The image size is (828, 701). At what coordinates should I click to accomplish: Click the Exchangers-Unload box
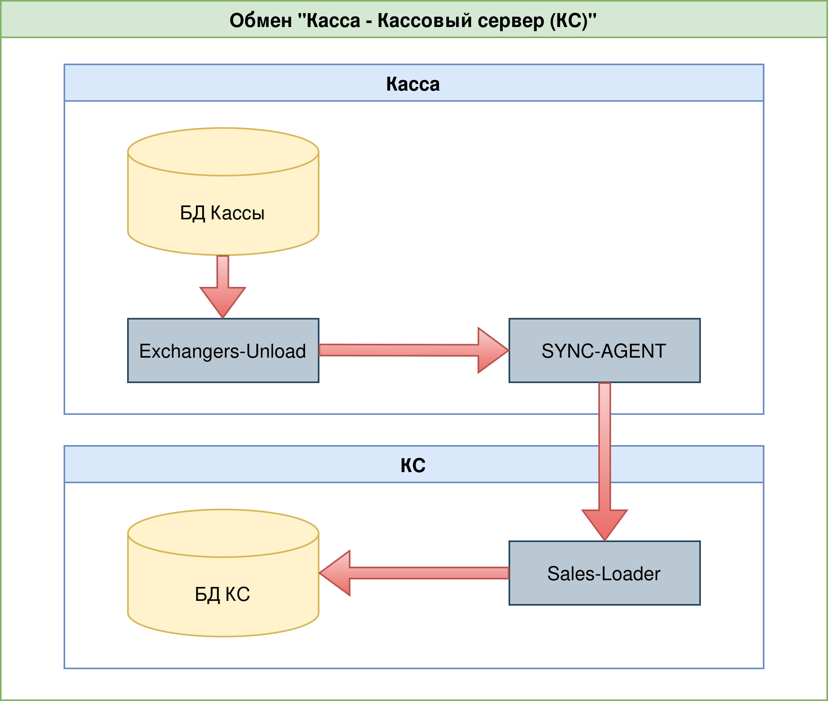click(x=223, y=350)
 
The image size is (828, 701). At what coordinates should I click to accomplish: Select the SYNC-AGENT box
click(x=604, y=350)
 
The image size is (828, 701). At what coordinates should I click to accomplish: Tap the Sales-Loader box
click(x=604, y=573)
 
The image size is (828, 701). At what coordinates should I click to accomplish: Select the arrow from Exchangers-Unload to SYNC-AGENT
click(x=397, y=350)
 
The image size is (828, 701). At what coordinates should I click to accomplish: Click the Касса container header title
click(x=413, y=84)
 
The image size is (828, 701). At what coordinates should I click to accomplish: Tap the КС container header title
click(x=413, y=465)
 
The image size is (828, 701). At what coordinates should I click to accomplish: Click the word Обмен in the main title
click(x=261, y=20)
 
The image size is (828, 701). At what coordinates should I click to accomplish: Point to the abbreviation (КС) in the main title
click(x=568, y=20)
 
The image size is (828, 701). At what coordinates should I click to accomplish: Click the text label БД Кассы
click(x=222, y=213)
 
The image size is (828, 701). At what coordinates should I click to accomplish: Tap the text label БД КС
click(x=222, y=594)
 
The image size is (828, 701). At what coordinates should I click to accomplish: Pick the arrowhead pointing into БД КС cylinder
click(x=336, y=573)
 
